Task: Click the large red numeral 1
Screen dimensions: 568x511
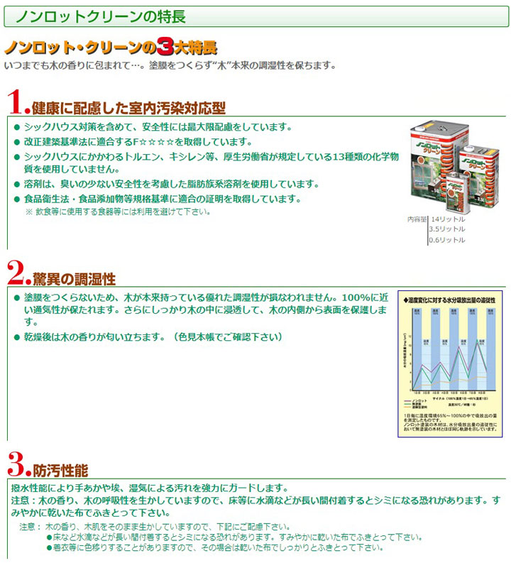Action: [x=16, y=102]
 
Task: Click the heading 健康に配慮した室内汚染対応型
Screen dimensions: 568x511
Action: [x=128, y=108]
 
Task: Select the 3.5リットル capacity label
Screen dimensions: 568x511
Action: [x=447, y=229]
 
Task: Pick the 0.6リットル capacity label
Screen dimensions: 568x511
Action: [x=447, y=240]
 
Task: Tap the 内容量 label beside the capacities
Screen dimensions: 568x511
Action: [x=417, y=219]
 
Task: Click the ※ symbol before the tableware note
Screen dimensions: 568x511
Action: [x=29, y=212]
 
